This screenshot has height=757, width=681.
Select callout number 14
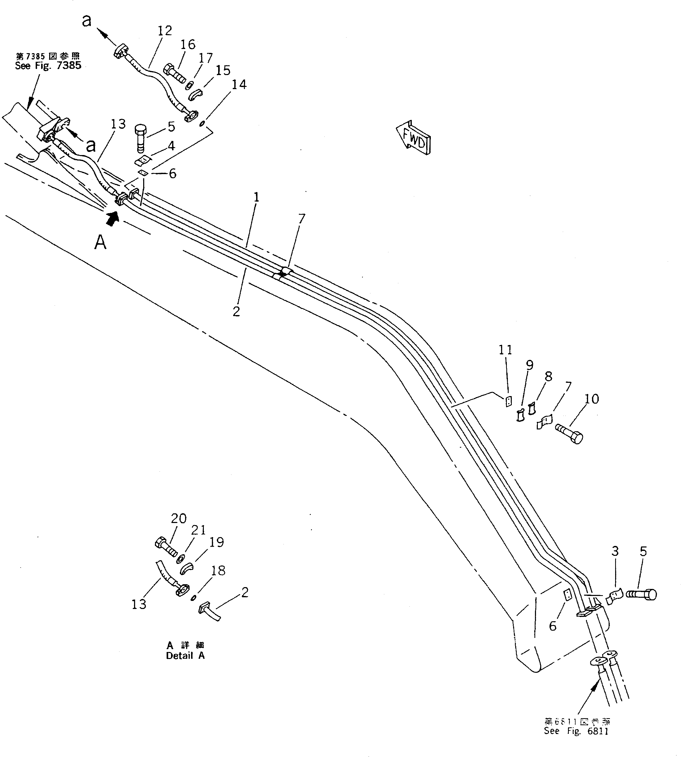pyautogui.click(x=239, y=85)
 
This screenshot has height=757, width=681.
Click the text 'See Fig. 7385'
pyautogui.click(x=48, y=66)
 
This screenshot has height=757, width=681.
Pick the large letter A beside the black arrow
pyautogui.click(x=100, y=243)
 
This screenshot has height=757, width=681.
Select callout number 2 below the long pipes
pyautogui.click(x=236, y=311)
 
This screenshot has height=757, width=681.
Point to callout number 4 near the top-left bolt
pyautogui.click(x=171, y=146)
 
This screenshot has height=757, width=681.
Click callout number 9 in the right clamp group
pyautogui.click(x=529, y=365)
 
